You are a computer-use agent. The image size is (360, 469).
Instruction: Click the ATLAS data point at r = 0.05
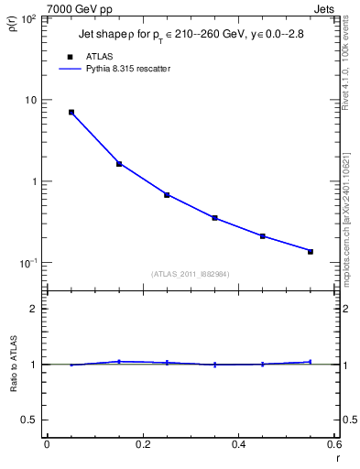[71, 113]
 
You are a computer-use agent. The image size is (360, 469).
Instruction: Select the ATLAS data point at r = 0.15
[119, 164]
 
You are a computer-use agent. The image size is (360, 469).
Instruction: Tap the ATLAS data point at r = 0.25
[167, 195]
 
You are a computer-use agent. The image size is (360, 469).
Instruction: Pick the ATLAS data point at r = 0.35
[214, 218]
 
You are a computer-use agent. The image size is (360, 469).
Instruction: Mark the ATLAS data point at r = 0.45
[263, 236]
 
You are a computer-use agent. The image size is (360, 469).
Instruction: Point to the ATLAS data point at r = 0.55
[311, 251]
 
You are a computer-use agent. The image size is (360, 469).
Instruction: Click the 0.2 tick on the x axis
[143, 445]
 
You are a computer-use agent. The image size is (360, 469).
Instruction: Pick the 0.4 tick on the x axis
[239, 445]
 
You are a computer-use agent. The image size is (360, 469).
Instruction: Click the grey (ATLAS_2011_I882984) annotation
[191, 274]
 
